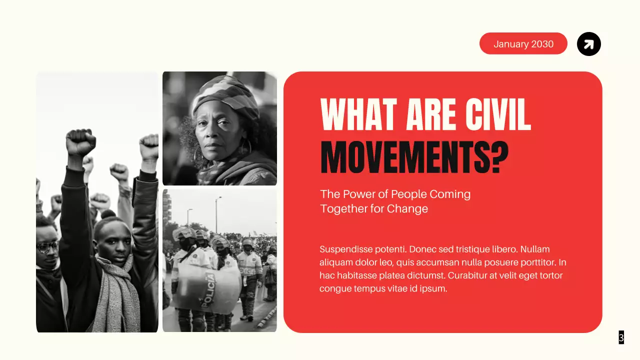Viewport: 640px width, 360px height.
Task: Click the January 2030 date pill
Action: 523,44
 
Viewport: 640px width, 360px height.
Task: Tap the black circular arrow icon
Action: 589,44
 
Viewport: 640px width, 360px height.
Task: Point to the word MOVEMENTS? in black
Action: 414,157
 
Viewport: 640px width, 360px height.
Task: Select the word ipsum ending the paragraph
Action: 432,288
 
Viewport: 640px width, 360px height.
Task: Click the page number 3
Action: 621,337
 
